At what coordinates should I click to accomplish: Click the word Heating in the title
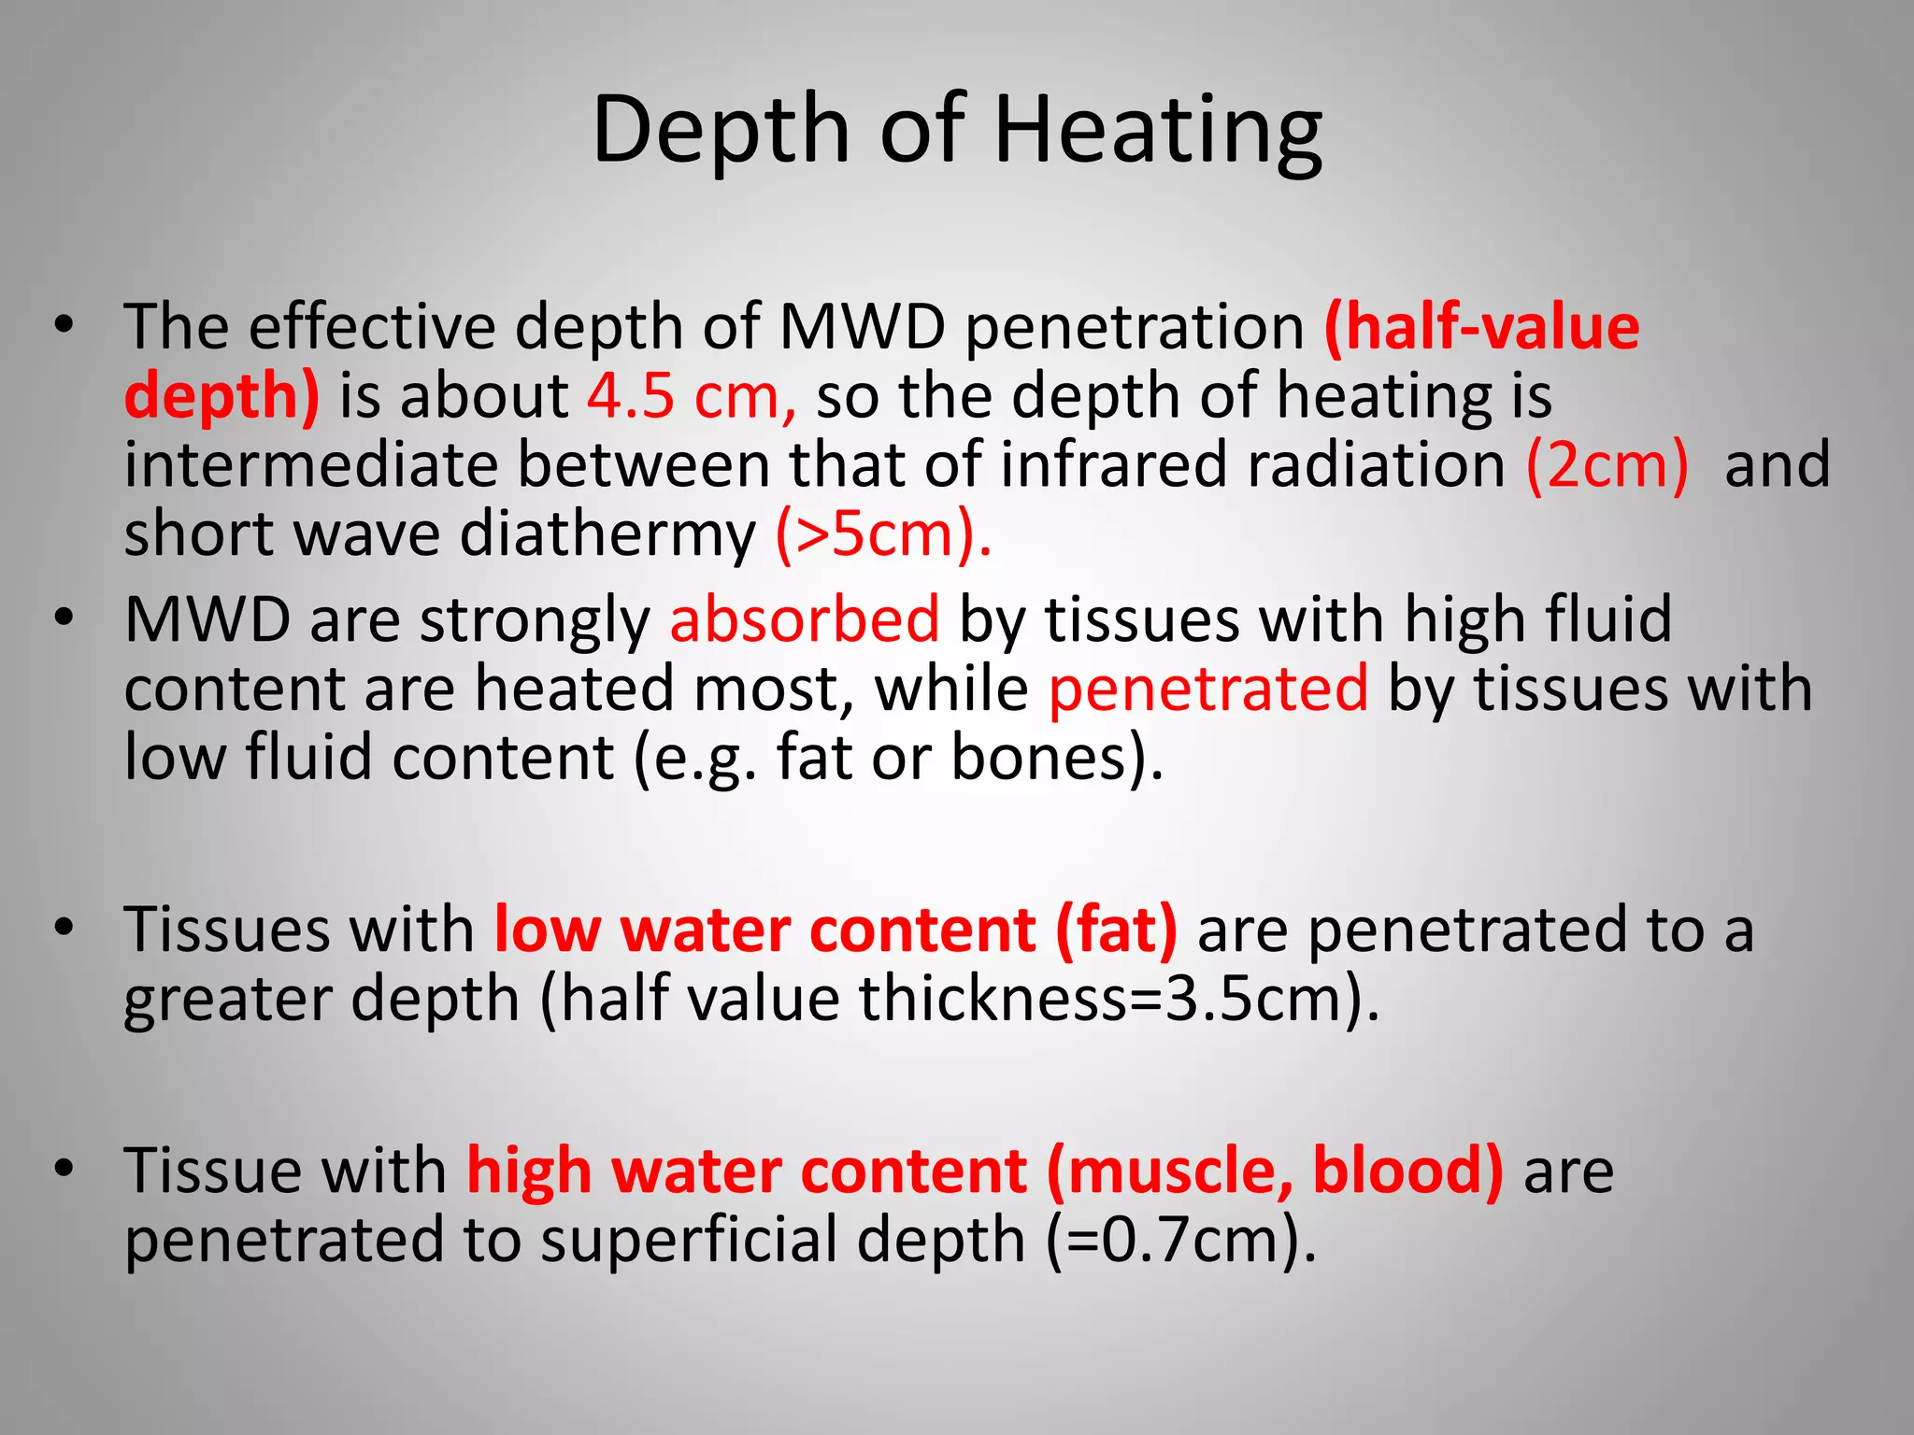tap(1158, 131)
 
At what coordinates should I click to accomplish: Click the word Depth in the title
tap(720, 131)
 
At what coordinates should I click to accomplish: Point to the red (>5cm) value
tap(883, 534)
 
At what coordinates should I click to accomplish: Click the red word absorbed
tap(805, 619)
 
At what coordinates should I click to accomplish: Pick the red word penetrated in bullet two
tap(1208, 689)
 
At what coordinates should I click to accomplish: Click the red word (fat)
tap(1116, 931)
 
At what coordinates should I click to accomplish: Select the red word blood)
tap(1408, 1171)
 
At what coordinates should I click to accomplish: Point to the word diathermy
tap(607, 536)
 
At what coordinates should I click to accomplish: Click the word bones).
tap(1057, 758)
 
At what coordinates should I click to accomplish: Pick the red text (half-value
tap(1482, 327)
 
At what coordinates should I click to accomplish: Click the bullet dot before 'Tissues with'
tap(64, 928)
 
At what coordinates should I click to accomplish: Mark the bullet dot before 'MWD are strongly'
tap(64, 618)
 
